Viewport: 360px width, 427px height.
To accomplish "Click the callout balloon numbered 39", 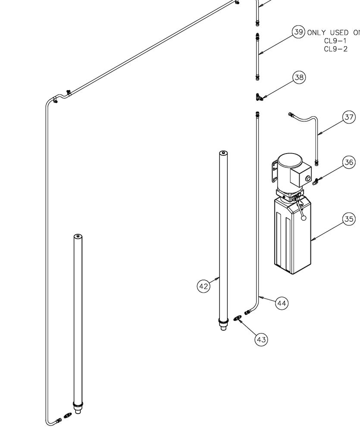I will [299, 32].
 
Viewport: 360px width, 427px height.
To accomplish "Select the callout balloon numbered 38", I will [299, 78].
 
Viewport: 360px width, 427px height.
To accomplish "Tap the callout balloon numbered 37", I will [349, 117].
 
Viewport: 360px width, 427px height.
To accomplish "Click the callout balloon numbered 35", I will [349, 219].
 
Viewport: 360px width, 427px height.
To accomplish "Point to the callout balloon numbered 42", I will [203, 286].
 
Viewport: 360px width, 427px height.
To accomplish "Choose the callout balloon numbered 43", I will [261, 339].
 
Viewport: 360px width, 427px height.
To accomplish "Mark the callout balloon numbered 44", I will [282, 304].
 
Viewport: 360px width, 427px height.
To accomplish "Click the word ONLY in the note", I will [317, 33].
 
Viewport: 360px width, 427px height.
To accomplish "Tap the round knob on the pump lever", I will [304, 218].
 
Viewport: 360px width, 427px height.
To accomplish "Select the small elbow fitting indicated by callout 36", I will [315, 181].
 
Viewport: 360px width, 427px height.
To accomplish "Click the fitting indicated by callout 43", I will [238, 319].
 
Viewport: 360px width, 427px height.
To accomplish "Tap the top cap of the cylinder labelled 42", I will [223, 153].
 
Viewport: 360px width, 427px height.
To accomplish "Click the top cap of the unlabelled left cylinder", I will [78, 236].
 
